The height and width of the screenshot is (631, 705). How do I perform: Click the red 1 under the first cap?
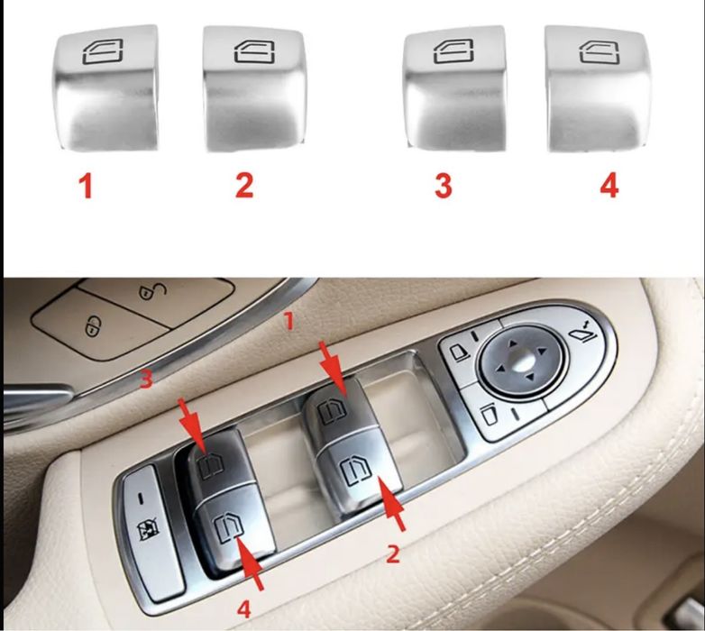(87, 187)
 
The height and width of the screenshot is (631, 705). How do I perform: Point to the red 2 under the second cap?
(244, 186)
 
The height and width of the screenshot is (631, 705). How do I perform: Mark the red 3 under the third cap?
(444, 187)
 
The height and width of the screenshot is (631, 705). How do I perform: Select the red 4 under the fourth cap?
(609, 186)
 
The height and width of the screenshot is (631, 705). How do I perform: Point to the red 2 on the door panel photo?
(392, 553)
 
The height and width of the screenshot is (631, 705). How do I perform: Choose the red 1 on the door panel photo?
(288, 319)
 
